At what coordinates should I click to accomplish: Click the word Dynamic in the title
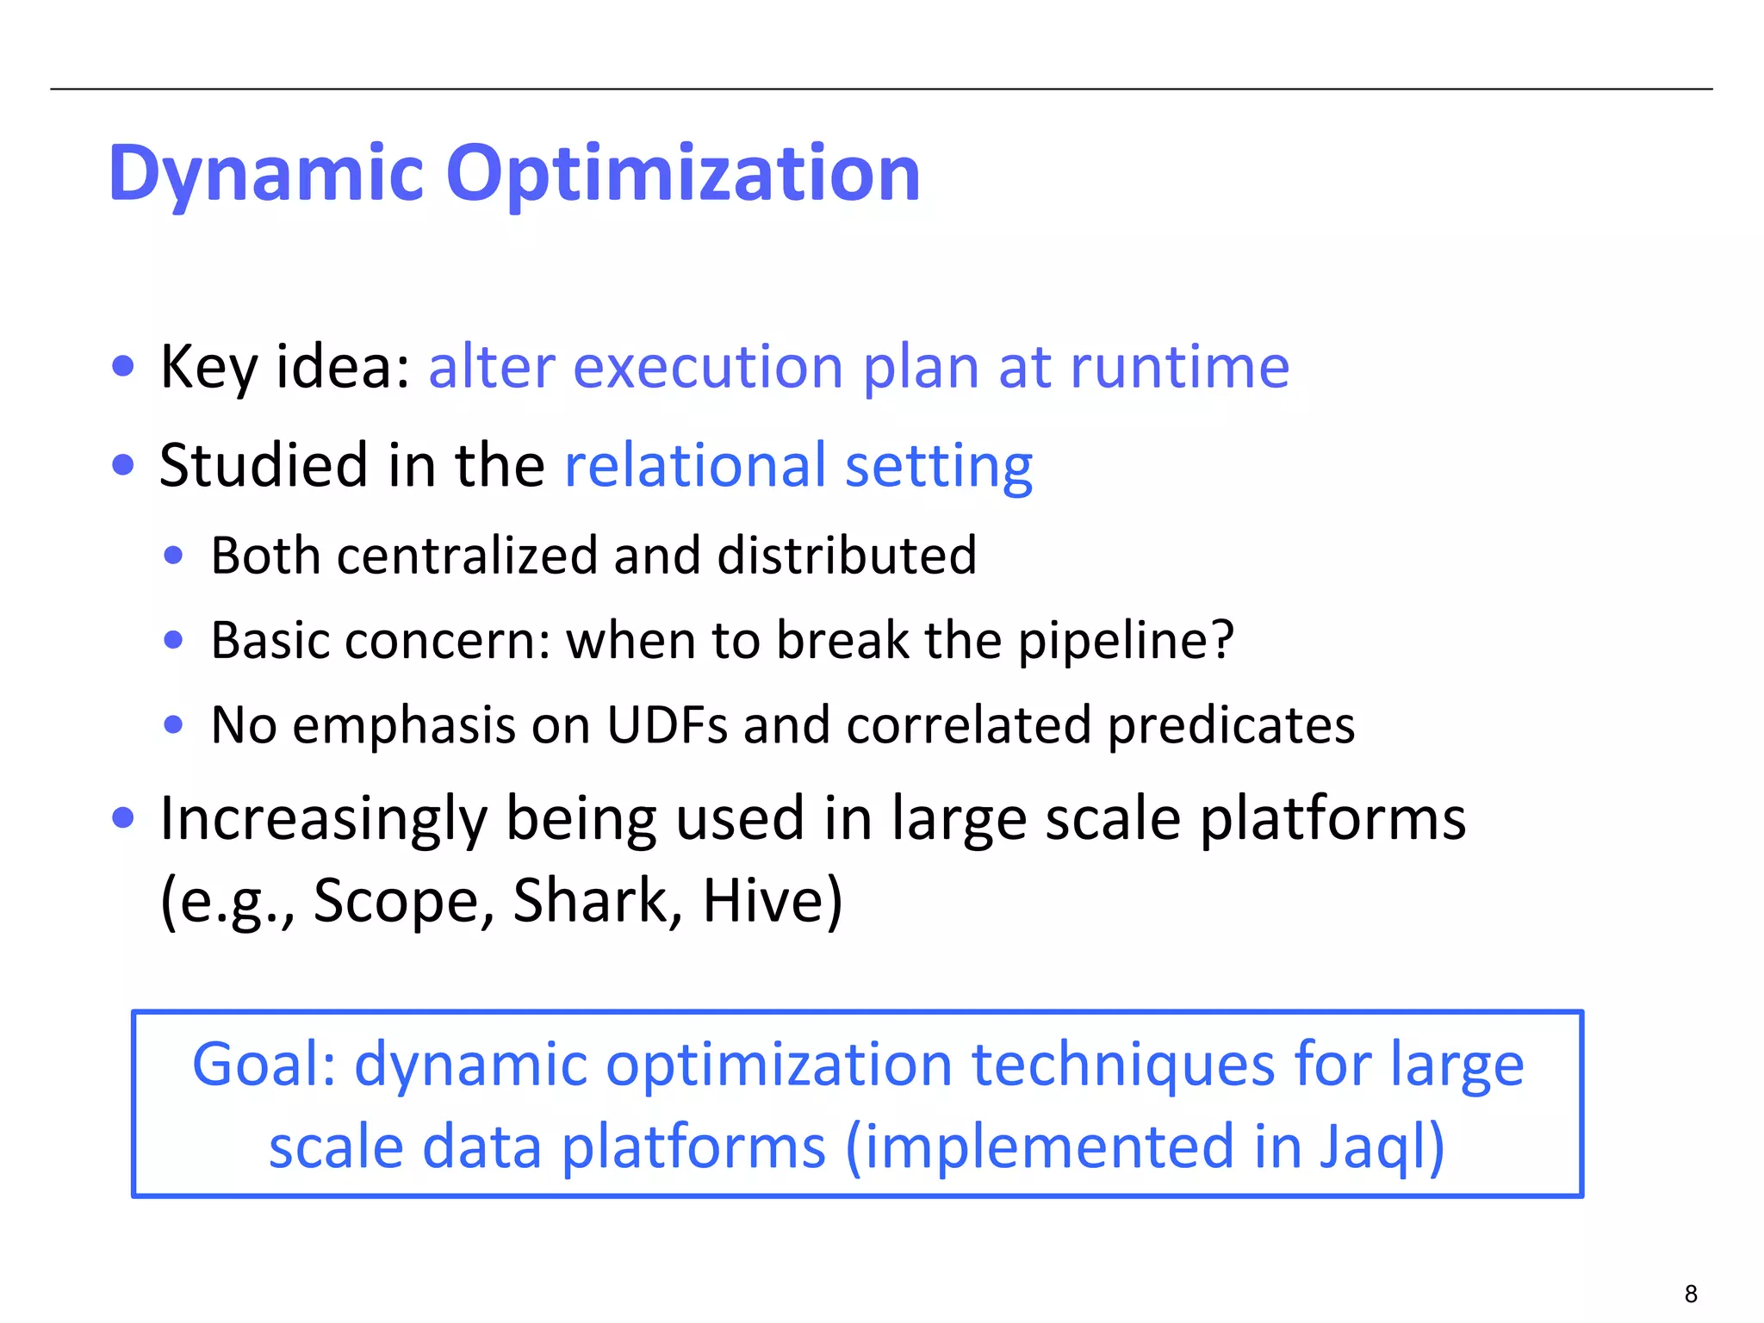point(265,174)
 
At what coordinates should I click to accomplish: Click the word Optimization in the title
point(683,174)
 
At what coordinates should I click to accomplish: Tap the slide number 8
point(1691,1294)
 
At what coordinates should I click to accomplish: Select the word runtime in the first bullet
point(1179,368)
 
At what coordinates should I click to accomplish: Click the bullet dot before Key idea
point(123,365)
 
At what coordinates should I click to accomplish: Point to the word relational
point(694,465)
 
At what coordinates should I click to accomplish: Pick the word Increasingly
point(324,818)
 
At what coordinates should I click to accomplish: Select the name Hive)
point(773,900)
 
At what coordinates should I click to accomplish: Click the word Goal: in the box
point(264,1065)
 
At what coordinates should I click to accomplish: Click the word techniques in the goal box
point(1122,1065)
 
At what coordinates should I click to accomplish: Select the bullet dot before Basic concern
point(174,640)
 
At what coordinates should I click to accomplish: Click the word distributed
point(847,555)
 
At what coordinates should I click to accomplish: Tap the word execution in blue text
point(708,368)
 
